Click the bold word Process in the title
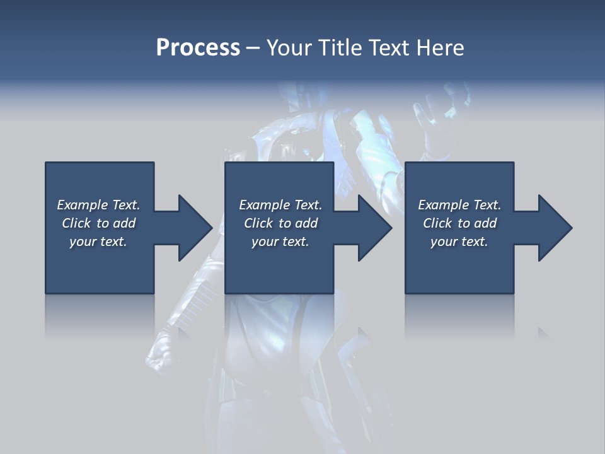[198, 48]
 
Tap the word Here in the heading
[440, 48]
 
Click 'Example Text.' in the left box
[98, 205]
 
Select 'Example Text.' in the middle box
[280, 205]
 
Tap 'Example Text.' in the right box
[459, 205]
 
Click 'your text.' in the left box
[98, 242]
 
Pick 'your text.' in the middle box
[280, 242]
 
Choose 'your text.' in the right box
[459, 242]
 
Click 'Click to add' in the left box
[98, 223]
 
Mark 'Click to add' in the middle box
[280, 223]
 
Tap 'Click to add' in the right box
[459, 223]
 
